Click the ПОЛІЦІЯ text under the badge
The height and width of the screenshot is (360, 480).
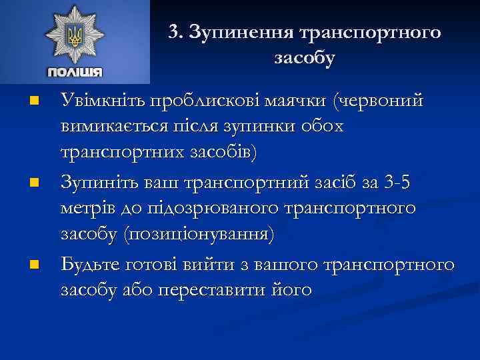pos(75,72)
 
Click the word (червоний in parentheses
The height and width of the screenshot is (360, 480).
pos(379,101)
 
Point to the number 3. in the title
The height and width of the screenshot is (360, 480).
pos(175,33)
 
